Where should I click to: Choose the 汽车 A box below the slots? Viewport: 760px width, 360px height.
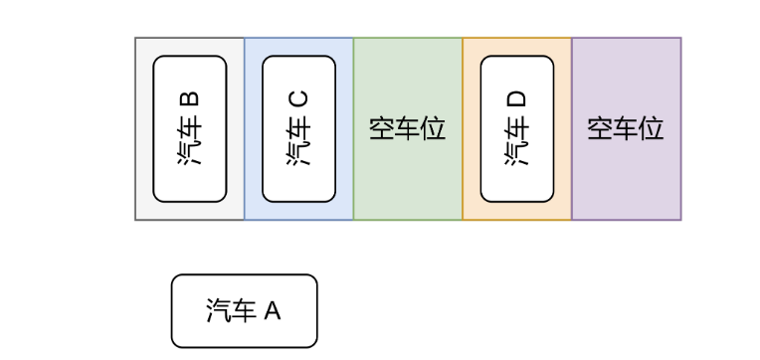click(244, 311)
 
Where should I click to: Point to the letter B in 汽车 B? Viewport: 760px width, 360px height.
click(189, 100)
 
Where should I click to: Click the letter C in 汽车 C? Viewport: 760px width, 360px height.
click(298, 99)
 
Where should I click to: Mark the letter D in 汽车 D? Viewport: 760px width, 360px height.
click(517, 99)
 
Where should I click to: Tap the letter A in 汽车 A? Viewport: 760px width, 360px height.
click(273, 311)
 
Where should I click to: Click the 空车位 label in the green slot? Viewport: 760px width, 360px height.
click(407, 129)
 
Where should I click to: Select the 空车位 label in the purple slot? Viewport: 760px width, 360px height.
click(626, 129)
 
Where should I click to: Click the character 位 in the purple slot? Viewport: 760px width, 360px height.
click(652, 129)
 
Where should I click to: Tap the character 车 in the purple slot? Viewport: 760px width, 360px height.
click(626, 129)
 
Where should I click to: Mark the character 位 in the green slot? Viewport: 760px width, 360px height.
click(433, 129)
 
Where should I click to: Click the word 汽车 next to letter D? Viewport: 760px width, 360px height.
click(517, 142)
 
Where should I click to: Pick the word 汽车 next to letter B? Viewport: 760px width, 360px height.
click(189, 142)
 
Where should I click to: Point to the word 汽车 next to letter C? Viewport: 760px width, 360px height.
click(298, 142)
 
